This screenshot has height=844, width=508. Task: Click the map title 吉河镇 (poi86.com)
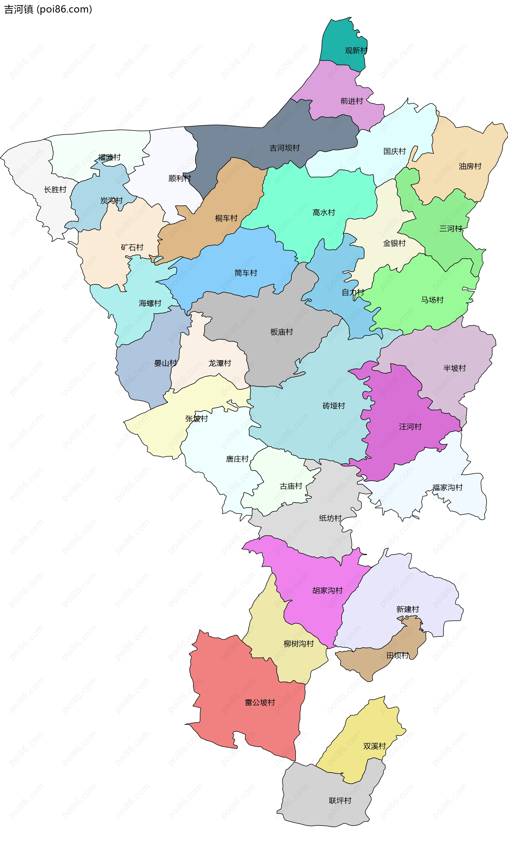point(48,9)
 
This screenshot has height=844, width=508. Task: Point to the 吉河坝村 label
point(284,148)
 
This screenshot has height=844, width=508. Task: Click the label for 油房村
point(470,166)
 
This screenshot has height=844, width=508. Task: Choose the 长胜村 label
point(55,190)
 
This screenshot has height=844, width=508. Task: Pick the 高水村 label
point(324,212)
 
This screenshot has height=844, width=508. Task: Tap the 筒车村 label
point(246,273)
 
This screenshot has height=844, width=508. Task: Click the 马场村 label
point(432,300)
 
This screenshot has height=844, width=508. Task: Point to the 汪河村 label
point(410,426)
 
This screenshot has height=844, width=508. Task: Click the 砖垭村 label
point(333,405)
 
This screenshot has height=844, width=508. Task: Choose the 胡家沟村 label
point(327,590)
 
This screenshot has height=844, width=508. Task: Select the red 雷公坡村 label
point(260,702)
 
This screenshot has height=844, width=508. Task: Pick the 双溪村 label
point(374,746)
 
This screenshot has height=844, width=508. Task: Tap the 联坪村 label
point(340,800)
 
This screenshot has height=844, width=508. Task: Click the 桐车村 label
point(226,218)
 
